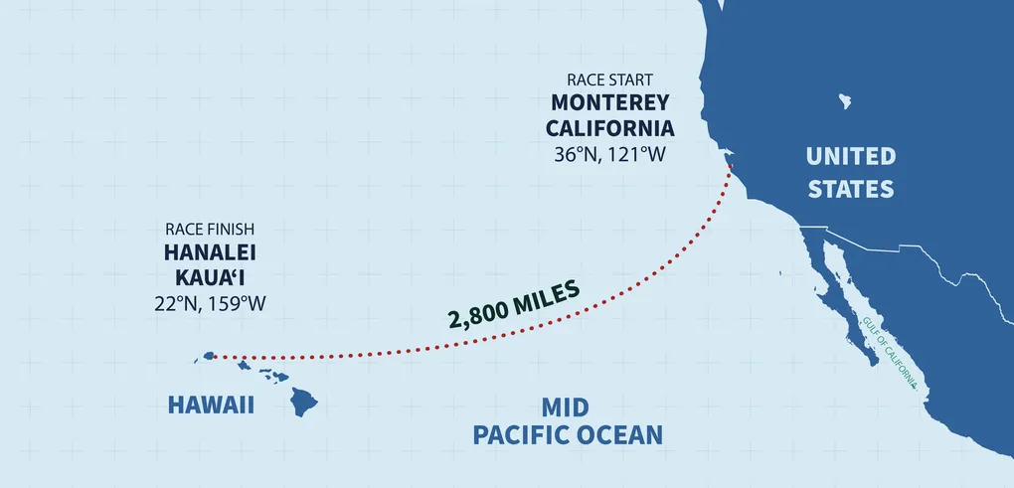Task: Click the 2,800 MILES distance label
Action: click(514, 304)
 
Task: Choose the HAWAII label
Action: click(211, 406)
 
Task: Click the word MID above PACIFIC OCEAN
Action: click(566, 407)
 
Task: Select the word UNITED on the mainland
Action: click(850, 156)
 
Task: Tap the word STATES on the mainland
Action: click(850, 189)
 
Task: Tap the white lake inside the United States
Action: click(846, 100)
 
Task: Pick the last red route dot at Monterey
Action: click(732, 167)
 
